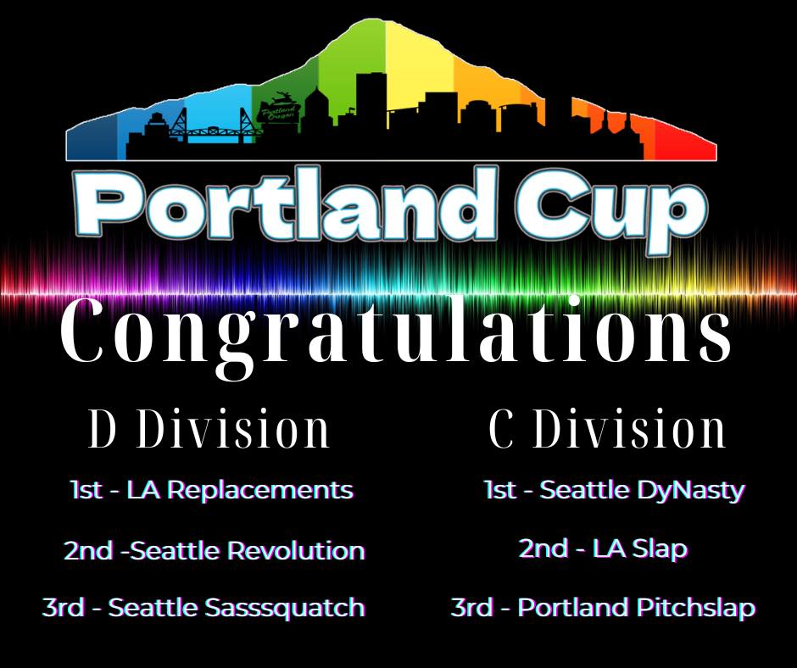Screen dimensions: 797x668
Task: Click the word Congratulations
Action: (396, 335)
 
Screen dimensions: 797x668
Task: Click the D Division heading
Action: (209, 430)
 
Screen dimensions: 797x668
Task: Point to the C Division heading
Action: (607, 430)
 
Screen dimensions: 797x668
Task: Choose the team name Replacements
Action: (261, 491)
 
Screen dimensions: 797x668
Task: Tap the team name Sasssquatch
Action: (285, 609)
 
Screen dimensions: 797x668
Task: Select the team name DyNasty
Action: (690, 492)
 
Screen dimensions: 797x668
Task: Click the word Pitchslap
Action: (695, 609)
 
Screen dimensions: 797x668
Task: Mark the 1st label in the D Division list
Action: (86, 491)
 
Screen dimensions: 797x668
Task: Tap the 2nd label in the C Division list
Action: (543, 549)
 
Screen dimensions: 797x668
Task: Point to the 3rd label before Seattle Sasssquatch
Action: (63, 608)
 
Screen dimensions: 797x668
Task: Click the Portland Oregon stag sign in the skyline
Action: (277, 108)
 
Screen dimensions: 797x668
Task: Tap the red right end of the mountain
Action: (686, 145)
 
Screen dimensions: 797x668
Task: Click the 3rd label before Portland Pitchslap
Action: (471, 608)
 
